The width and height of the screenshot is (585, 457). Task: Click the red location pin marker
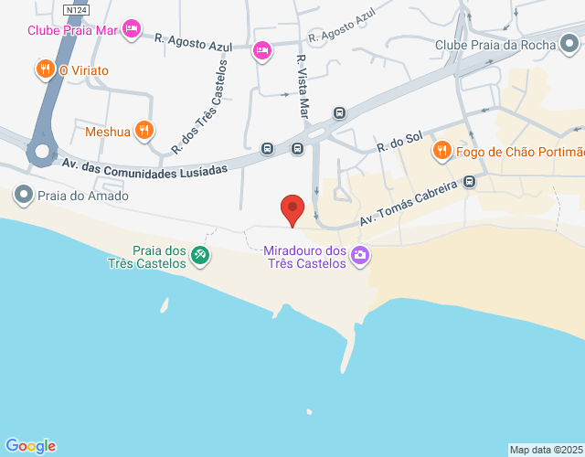(292, 209)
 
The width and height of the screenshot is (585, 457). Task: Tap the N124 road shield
(76, 10)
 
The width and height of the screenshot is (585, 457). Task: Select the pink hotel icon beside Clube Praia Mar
(132, 29)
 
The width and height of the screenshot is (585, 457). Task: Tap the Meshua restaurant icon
(144, 131)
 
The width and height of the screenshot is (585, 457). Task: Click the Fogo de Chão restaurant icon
(442, 151)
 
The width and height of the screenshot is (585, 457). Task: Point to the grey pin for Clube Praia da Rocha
(570, 44)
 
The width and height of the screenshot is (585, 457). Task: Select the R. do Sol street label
(399, 142)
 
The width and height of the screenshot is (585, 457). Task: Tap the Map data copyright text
(546, 450)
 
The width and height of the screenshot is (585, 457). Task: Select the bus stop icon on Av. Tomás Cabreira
(470, 181)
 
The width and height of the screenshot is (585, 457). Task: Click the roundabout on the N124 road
(40, 152)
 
